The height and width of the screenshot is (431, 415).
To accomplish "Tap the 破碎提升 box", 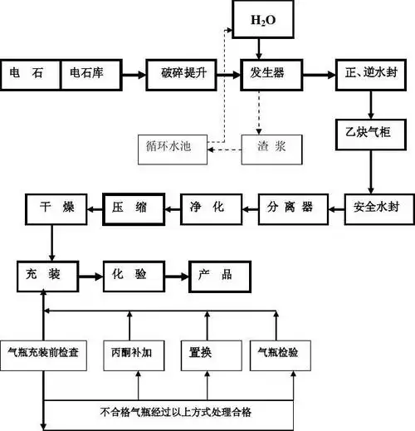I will (x=183, y=73).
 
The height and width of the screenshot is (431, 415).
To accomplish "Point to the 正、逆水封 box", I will (x=371, y=73).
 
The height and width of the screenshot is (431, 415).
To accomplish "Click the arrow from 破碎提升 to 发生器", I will (x=229, y=73).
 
